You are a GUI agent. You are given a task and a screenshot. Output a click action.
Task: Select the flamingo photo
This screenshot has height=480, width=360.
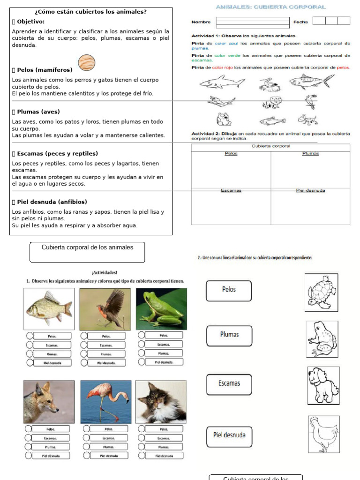[x=106, y=402]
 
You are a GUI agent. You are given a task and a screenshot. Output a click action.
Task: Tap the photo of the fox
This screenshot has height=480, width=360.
[x=49, y=402]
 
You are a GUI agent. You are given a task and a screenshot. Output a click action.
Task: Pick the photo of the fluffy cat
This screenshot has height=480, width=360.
[x=161, y=402]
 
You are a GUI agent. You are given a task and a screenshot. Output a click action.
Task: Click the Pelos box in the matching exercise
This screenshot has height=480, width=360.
[x=229, y=290]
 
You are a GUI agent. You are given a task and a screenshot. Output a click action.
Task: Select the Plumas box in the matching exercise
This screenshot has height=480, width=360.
[x=229, y=335]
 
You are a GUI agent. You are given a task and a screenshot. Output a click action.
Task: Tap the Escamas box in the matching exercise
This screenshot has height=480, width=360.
[x=229, y=384]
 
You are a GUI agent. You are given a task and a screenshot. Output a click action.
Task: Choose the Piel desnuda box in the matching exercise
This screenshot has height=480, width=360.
[x=229, y=436]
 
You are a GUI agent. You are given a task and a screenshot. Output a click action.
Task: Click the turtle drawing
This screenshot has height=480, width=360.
[x=321, y=292]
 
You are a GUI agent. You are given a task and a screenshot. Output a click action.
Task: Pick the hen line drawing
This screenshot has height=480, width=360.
[x=323, y=434]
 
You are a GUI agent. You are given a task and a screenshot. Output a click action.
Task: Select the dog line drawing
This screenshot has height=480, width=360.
[x=323, y=385]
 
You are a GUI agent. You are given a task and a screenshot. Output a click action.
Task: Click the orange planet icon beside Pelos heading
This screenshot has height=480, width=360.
[x=86, y=62]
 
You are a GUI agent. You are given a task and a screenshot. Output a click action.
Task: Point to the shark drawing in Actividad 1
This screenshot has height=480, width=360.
[x=222, y=83]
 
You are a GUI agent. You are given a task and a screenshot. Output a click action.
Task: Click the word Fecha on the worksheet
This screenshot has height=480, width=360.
[x=300, y=22]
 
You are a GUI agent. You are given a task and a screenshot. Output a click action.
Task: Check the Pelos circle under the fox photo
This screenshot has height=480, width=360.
[x=29, y=428]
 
